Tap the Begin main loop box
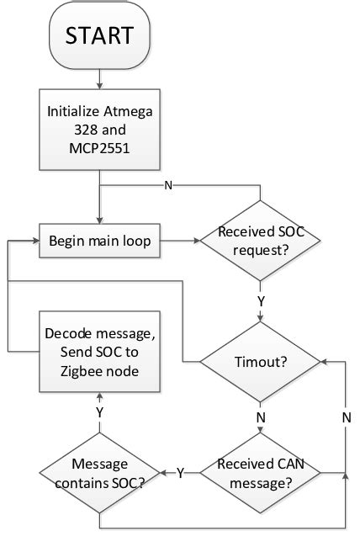100,242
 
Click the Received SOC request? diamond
260,242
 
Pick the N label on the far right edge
346,417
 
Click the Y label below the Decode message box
100,413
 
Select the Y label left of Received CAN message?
181,473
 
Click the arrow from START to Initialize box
100,77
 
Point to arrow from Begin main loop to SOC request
179,242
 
